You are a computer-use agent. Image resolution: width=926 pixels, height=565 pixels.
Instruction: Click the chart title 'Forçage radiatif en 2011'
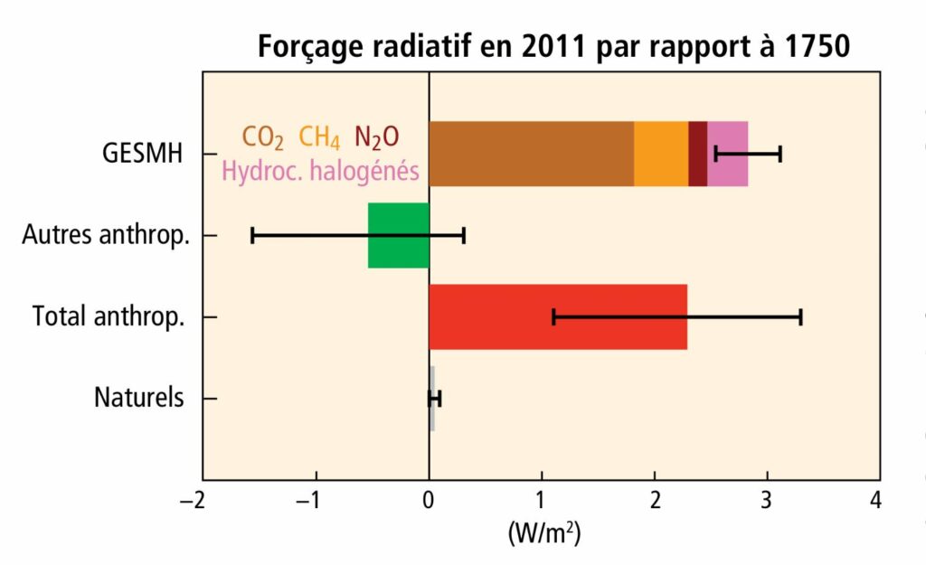pyautogui.click(x=553, y=46)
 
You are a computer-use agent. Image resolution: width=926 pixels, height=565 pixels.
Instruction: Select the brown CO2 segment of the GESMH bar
pyautogui.click(x=531, y=154)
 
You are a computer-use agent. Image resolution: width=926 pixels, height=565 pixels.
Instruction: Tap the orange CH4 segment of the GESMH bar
pyautogui.click(x=661, y=154)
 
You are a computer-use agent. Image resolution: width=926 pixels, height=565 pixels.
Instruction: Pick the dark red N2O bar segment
pyautogui.click(x=697, y=154)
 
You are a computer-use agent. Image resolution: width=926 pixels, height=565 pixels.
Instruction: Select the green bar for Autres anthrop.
pyautogui.click(x=399, y=236)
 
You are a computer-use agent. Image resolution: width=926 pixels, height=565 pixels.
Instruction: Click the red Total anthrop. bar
pyautogui.click(x=557, y=317)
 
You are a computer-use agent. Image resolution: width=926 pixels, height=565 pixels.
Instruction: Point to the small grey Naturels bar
pyautogui.click(x=432, y=399)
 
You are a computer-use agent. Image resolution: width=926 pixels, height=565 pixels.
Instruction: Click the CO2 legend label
pyautogui.click(x=262, y=137)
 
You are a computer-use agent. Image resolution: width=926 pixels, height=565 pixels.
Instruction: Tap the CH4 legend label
pyautogui.click(x=319, y=137)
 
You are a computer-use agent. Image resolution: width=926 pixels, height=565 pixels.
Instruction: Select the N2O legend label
pyautogui.click(x=376, y=137)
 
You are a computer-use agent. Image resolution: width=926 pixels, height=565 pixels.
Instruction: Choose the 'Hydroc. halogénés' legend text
pyautogui.click(x=320, y=170)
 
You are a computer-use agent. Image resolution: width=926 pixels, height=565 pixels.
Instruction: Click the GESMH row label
pyautogui.click(x=142, y=154)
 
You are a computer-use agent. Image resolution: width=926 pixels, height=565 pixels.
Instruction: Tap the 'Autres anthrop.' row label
pyautogui.click(x=106, y=236)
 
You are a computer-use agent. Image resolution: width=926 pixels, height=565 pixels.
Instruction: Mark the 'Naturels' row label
pyautogui.click(x=138, y=398)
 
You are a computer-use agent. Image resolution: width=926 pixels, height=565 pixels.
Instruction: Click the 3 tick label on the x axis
pyautogui.click(x=767, y=500)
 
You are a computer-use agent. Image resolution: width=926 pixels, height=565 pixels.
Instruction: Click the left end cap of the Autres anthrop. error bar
pyautogui.click(x=252, y=236)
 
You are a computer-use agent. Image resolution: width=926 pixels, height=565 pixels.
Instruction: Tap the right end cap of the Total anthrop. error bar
pyautogui.click(x=801, y=317)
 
